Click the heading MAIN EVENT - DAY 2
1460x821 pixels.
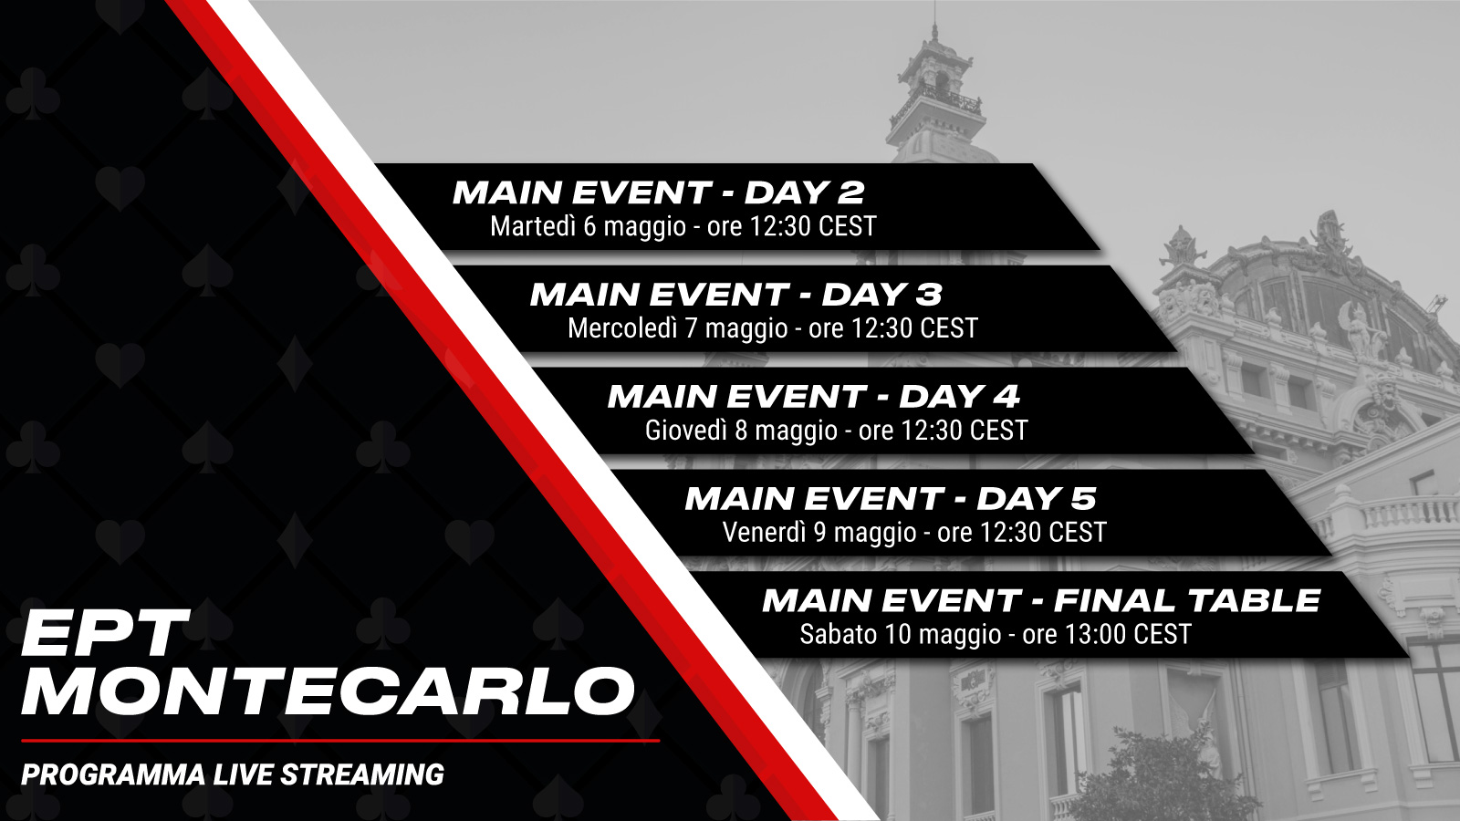click(658, 192)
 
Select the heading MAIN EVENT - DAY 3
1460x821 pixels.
click(735, 295)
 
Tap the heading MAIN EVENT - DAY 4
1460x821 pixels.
click(813, 396)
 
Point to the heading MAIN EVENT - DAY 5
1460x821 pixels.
click(891, 498)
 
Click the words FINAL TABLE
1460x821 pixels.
click(1187, 601)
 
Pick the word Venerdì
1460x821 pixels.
click(765, 533)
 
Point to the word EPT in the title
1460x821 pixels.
click(101, 633)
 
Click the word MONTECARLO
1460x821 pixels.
click(328, 692)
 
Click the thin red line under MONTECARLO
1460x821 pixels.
click(340, 741)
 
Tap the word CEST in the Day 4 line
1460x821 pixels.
click(998, 430)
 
